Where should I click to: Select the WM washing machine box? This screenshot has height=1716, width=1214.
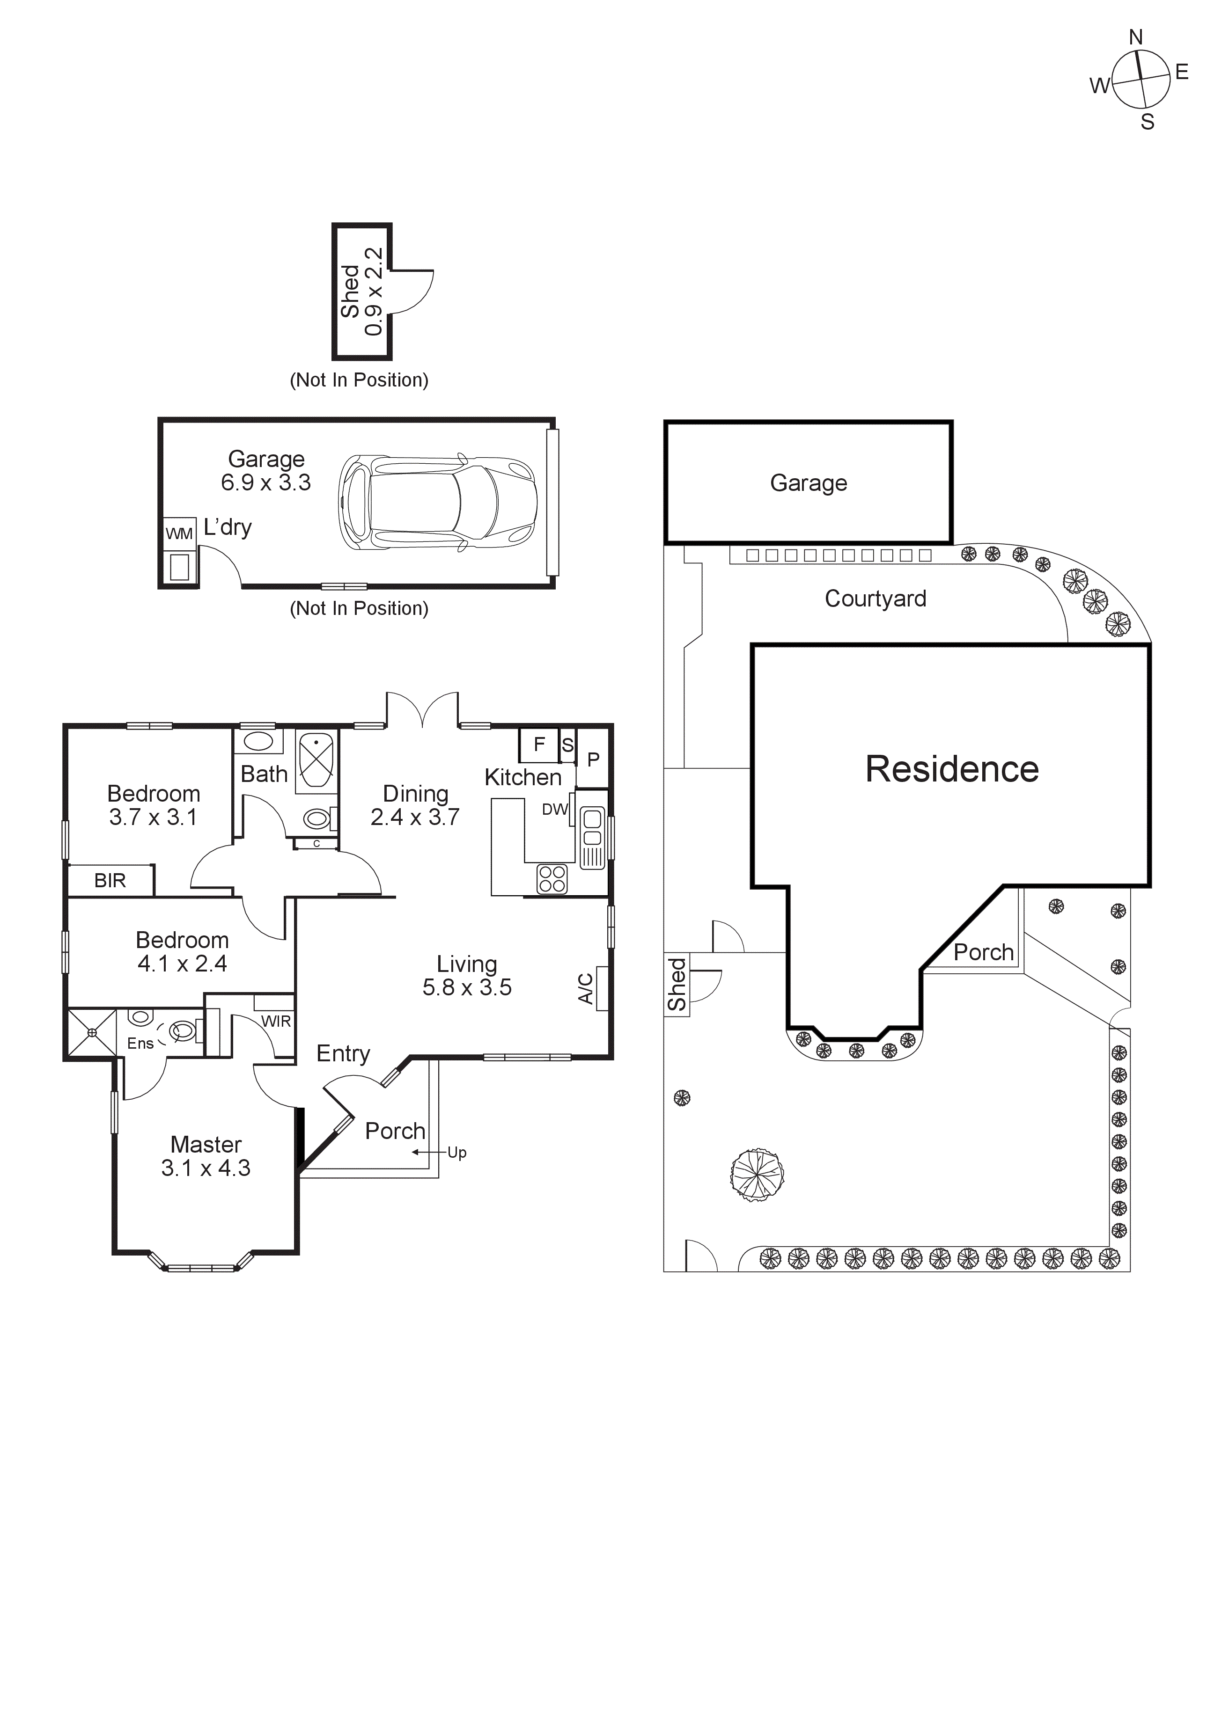pos(179,533)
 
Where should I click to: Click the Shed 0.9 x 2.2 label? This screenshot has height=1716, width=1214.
pos(362,292)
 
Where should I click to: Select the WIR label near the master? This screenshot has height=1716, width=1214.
pos(276,1021)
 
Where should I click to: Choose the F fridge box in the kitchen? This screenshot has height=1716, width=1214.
pos(539,745)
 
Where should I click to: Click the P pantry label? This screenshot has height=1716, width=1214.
pos(594,760)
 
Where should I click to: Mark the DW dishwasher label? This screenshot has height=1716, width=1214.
pos(555,810)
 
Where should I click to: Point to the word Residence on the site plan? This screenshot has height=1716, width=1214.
pos(952,769)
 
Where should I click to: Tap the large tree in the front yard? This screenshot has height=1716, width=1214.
pos(757,1175)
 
